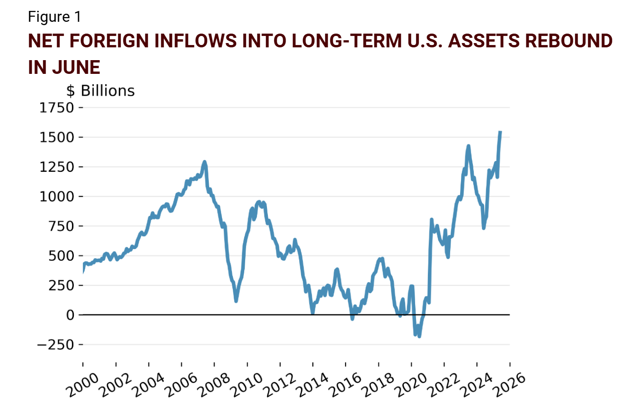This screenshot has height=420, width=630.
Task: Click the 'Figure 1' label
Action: coord(54,17)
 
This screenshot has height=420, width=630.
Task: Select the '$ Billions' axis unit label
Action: coord(100,91)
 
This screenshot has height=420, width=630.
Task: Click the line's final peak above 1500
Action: coord(500,132)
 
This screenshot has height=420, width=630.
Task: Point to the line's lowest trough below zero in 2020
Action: coord(419,336)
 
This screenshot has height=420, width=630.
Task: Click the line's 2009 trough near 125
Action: coord(236,300)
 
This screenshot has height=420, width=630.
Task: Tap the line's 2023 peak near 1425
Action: coord(469,146)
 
